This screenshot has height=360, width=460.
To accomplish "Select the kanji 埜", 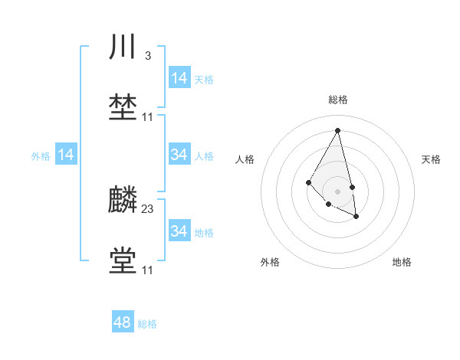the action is [123, 106].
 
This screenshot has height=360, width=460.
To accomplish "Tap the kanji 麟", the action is [123, 201].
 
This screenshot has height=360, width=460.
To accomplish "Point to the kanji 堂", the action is [123, 260].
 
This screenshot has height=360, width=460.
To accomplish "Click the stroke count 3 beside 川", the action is [147, 56].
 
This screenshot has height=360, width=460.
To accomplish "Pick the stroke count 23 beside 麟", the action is [148, 208].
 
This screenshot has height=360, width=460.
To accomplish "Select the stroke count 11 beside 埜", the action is [148, 116].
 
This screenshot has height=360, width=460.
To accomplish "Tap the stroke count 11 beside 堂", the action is [148, 270].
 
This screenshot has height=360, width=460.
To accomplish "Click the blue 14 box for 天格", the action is [179, 78].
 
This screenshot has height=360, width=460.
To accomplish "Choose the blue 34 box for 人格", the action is [179, 155].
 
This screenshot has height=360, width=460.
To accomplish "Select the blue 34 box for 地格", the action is [179, 231].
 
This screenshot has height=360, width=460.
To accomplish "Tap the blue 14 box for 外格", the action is [66, 155].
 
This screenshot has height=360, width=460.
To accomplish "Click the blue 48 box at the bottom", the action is [123, 322].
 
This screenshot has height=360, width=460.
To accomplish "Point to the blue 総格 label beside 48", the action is [147, 324].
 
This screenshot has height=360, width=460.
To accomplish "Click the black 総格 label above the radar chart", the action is [337, 100].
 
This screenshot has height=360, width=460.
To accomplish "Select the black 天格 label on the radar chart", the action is [431, 159].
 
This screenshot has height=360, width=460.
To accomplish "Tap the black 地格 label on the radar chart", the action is [402, 262].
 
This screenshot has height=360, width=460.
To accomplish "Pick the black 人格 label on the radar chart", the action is [245, 159].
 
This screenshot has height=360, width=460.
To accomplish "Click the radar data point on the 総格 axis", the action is [337, 129].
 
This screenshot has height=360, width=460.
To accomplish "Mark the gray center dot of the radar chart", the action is [337, 191].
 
